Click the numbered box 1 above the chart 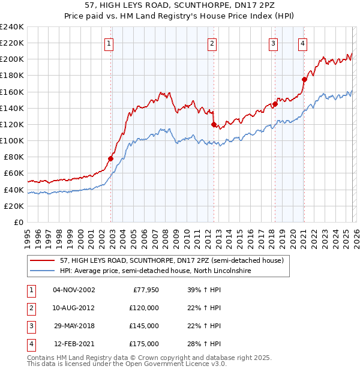click(109, 43)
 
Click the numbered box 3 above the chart click(273, 43)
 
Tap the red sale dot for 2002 click(111, 158)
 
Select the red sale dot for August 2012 click(214, 124)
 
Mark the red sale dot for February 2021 click(304, 79)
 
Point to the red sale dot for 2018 click(275, 104)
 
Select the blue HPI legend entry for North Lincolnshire click(155, 271)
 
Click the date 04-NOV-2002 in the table click(74, 290)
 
